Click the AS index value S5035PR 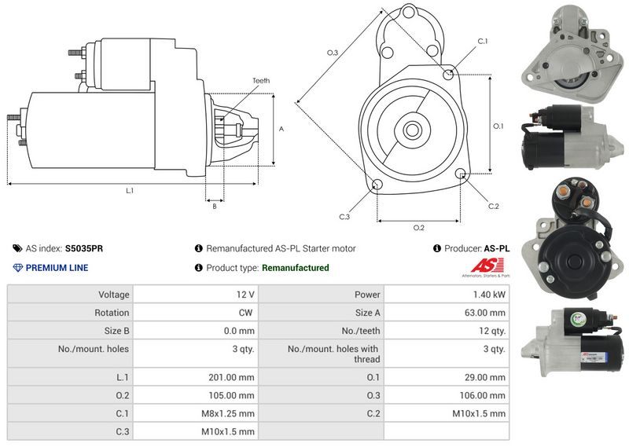coord(83,248)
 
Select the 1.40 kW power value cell coord(488,295)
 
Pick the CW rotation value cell coord(246,313)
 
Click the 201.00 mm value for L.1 coord(234,377)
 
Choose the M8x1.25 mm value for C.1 coord(234,413)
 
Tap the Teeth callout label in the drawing coord(260,81)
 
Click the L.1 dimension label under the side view coord(130,191)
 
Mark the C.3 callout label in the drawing coord(344,217)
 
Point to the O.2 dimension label coord(418,228)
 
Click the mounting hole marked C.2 coord(461,174)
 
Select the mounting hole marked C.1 coord(448,74)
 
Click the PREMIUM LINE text coord(57,268)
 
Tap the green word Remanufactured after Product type coord(295,268)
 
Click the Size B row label coord(116,331)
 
